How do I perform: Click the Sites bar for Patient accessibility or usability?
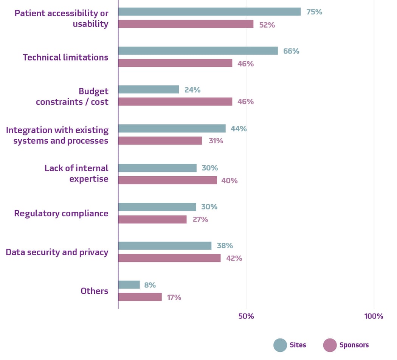click(209, 12)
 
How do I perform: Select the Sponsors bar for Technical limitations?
click(175, 63)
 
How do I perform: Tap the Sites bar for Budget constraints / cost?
click(148, 90)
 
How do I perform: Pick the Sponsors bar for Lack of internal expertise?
click(167, 180)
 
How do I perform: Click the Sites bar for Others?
click(129, 285)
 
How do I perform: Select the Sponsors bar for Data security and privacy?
click(169, 258)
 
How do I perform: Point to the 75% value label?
click(314, 12)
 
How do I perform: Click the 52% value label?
click(267, 25)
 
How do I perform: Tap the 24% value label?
click(192, 90)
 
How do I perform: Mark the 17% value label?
click(174, 298)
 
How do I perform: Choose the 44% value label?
click(239, 129)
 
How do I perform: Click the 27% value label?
click(200, 219)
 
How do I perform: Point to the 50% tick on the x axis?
click(246, 316)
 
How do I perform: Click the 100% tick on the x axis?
click(374, 316)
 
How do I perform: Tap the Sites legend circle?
click(280, 345)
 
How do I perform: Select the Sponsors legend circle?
click(330, 345)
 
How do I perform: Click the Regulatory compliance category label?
click(61, 213)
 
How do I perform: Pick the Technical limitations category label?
click(65, 57)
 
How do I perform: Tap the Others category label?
click(94, 291)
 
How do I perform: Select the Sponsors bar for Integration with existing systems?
click(160, 141)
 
